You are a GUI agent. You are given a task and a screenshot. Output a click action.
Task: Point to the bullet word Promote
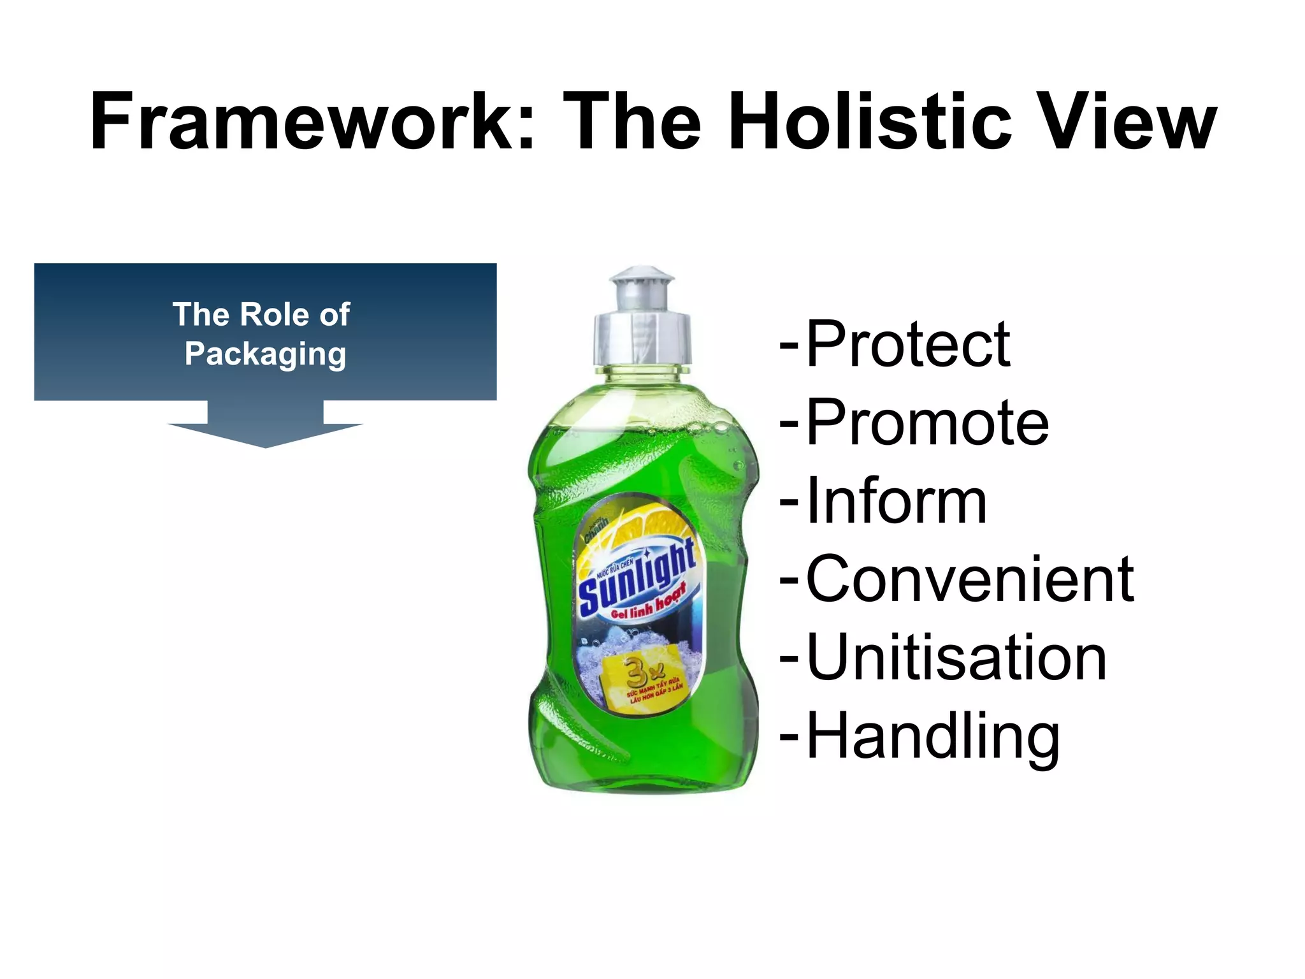click(927, 423)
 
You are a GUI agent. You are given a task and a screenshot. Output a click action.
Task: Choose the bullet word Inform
click(897, 501)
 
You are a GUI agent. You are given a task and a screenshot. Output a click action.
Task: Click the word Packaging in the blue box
click(265, 354)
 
